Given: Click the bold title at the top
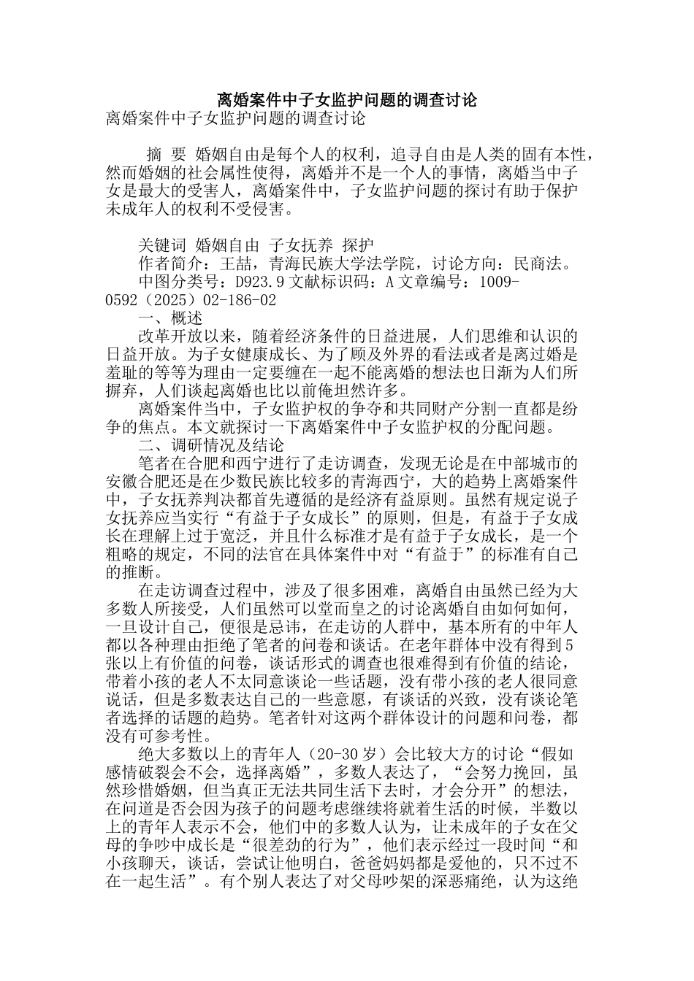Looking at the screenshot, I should click(347, 100).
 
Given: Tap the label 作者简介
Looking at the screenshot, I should click(170, 263).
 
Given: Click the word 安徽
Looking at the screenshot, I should click(122, 482).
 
